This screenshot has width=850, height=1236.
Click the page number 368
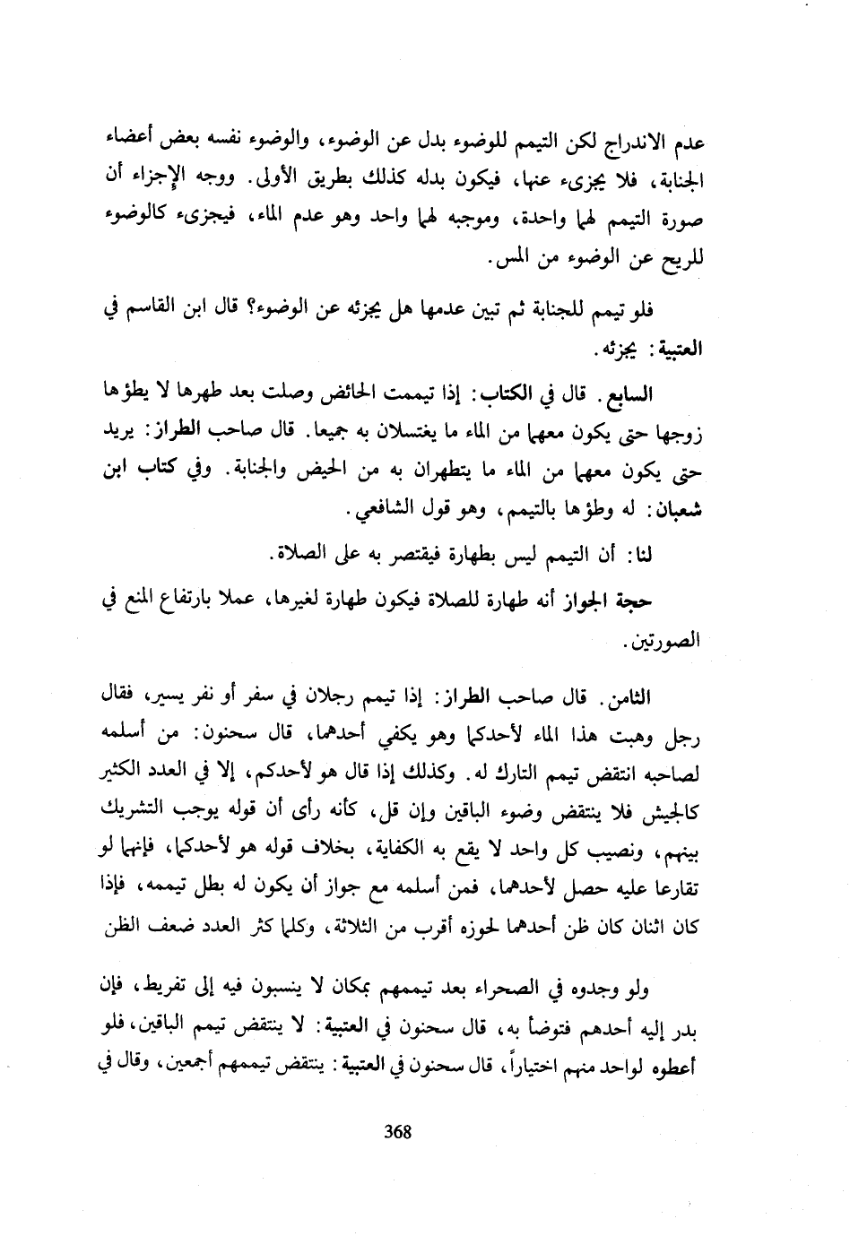pos(396,1132)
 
